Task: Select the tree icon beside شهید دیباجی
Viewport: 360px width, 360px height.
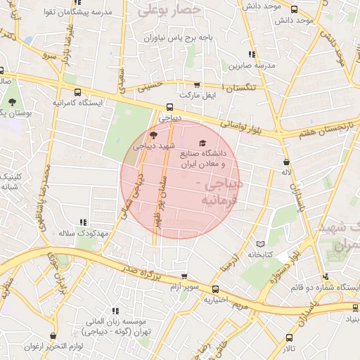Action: pos(153,134)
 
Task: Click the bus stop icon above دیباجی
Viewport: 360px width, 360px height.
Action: pos(169,108)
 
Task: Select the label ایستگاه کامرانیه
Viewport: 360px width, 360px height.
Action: pos(77,103)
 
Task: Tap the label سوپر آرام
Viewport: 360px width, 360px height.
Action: pos(185,288)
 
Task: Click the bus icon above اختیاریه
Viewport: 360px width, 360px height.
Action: pos(215,289)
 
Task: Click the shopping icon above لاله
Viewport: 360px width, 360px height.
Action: pos(285,162)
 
